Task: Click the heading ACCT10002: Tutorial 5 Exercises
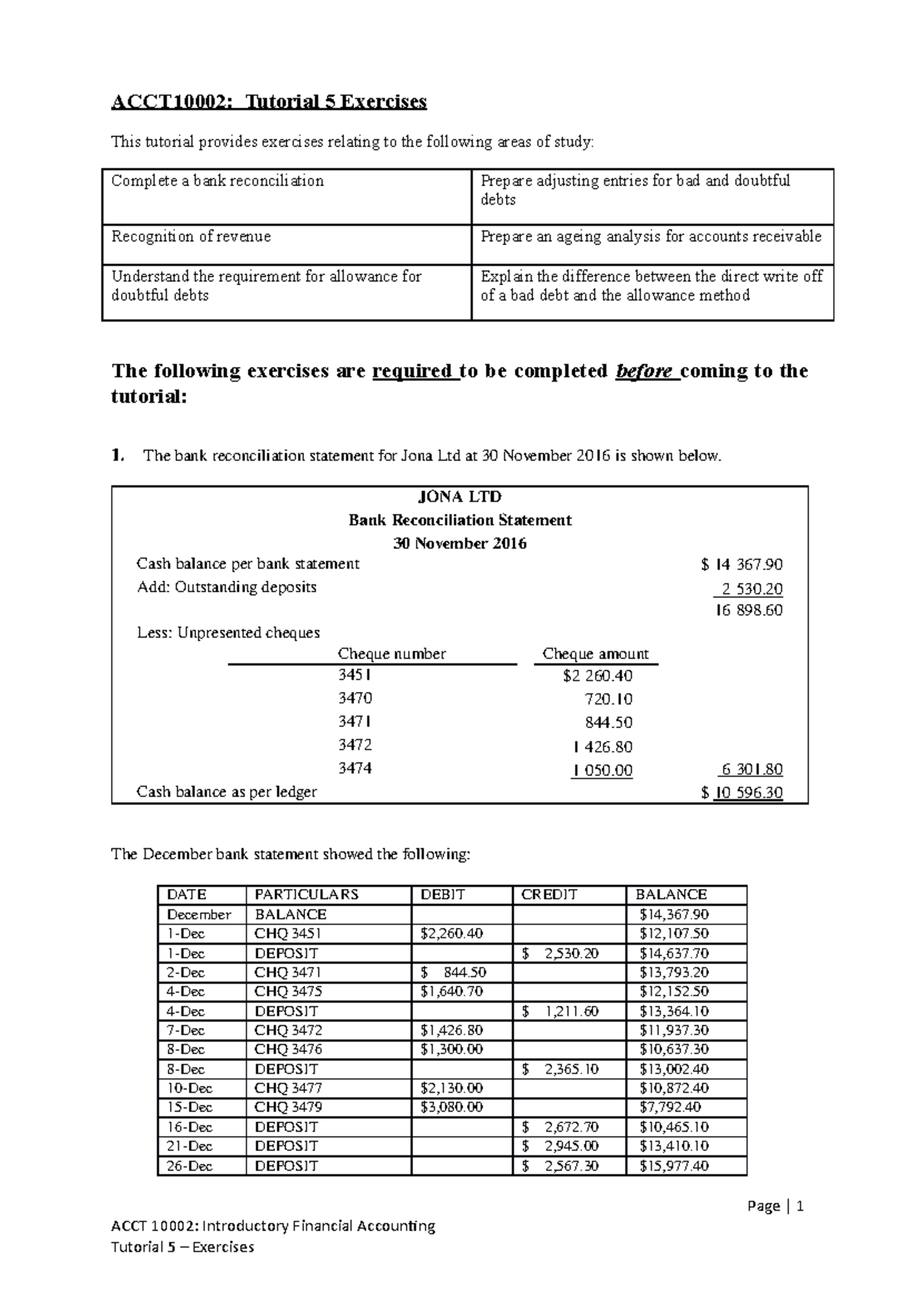coord(269,102)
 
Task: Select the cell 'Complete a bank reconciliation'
coord(217,181)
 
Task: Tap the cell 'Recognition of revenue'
coord(191,237)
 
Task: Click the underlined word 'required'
coord(412,372)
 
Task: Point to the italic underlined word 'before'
coord(644,372)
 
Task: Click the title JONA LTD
coord(459,496)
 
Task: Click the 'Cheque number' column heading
coord(391,654)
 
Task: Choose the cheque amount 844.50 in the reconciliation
coord(607,723)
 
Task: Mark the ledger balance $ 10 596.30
coord(741,792)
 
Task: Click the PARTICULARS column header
coord(306,894)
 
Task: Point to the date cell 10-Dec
coord(189,1088)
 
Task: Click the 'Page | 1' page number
coord(775,1207)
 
